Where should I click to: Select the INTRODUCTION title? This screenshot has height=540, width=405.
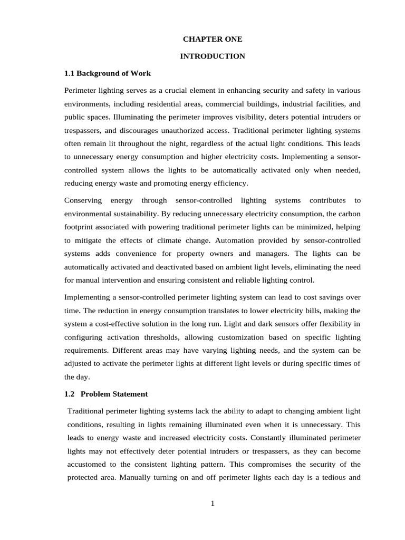(213, 56)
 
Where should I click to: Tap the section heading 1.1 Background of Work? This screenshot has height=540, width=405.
(108, 73)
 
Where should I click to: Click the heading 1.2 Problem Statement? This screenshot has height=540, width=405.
(106, 394)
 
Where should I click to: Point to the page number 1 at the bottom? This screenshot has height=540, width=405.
(213, 503)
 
